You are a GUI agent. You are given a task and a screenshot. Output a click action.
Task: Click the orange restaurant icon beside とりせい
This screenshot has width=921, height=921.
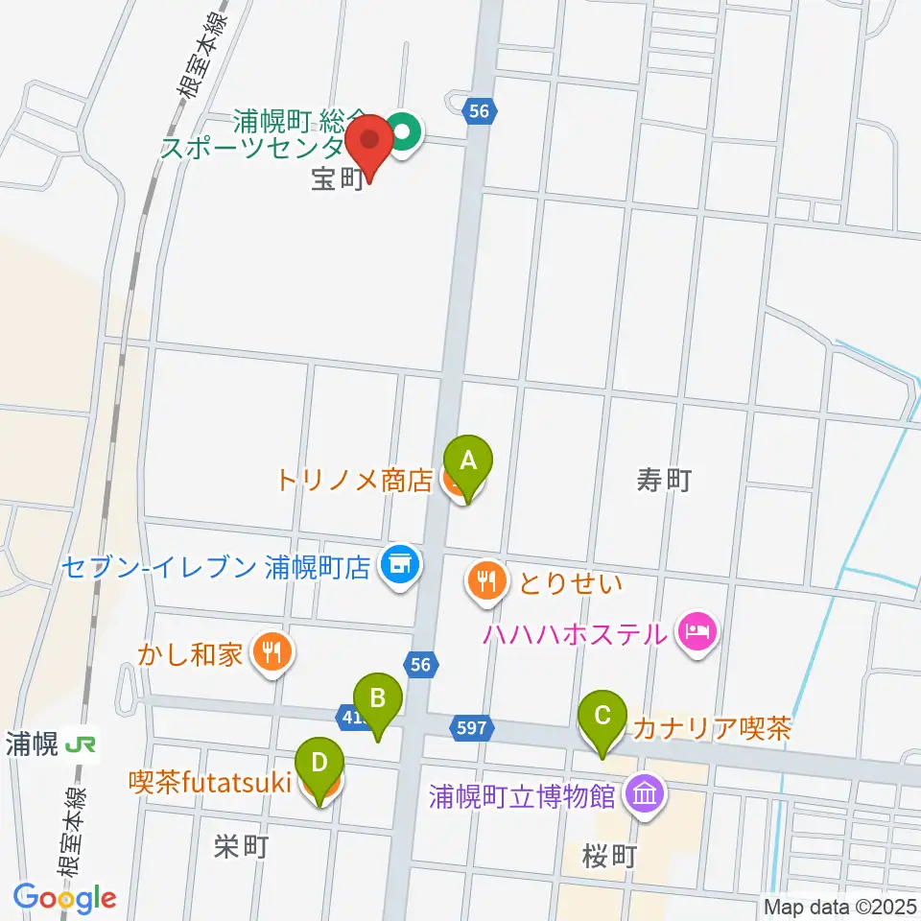coord(487,580)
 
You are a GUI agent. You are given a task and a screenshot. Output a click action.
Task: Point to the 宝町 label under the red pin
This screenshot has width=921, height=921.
coord(337,179)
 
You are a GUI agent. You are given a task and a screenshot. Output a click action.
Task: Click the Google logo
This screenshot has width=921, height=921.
coord(65,897)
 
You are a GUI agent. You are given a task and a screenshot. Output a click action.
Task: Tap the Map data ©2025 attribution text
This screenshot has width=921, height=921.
coord(838,905)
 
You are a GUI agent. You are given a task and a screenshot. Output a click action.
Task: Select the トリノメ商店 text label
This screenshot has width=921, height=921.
coord(356,481)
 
